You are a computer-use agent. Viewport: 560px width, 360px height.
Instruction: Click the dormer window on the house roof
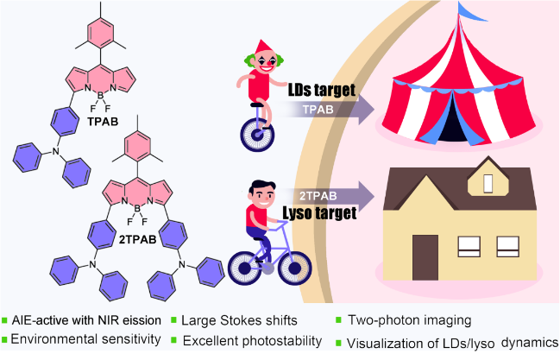488,183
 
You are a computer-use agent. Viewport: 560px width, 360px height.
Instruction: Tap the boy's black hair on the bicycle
260,187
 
